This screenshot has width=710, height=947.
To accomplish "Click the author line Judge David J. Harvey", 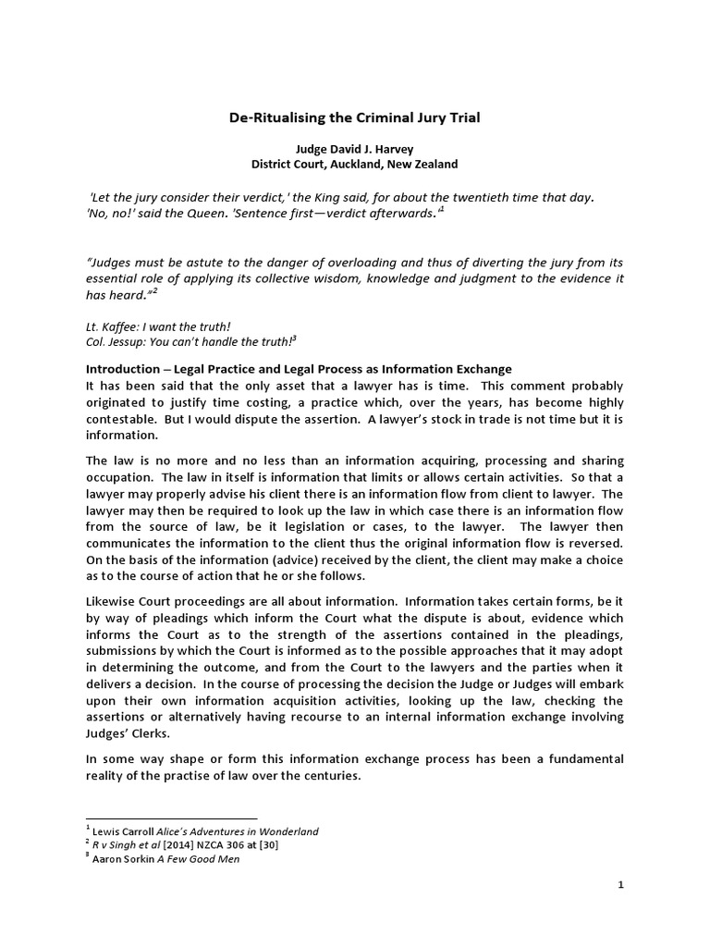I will [x=355, y=149].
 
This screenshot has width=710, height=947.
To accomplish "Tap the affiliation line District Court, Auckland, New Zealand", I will [x=355, y=164].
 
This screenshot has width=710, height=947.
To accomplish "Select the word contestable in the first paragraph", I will [x=122, y=419].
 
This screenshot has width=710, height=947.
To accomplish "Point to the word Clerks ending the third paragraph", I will [x=153, y=734].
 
